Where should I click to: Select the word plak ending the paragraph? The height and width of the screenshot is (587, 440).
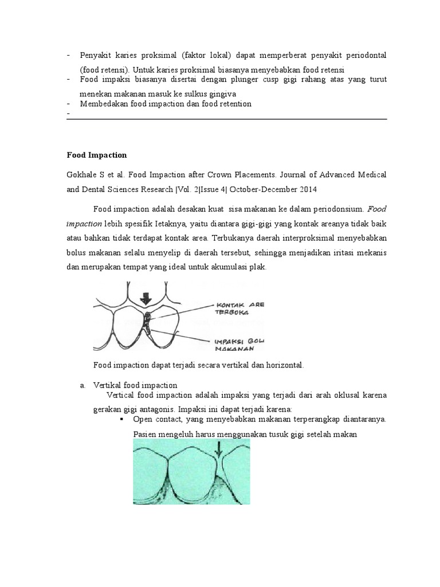click(x=258, y=267)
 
